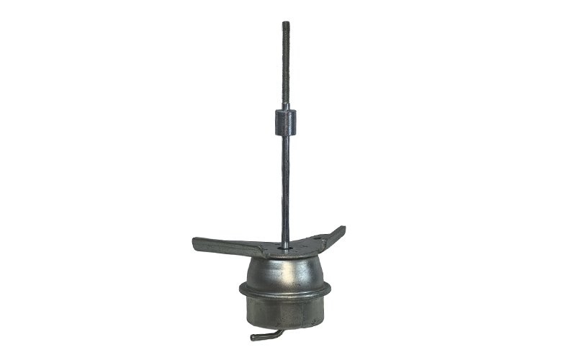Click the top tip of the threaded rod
click(286, 23)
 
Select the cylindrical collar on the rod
click(285, 122)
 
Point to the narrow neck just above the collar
click(286, 107)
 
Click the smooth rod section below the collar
click(286, 187)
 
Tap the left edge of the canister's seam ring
click(241, 289)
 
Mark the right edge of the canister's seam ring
click(330, 289)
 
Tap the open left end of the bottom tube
click(253, 337)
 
